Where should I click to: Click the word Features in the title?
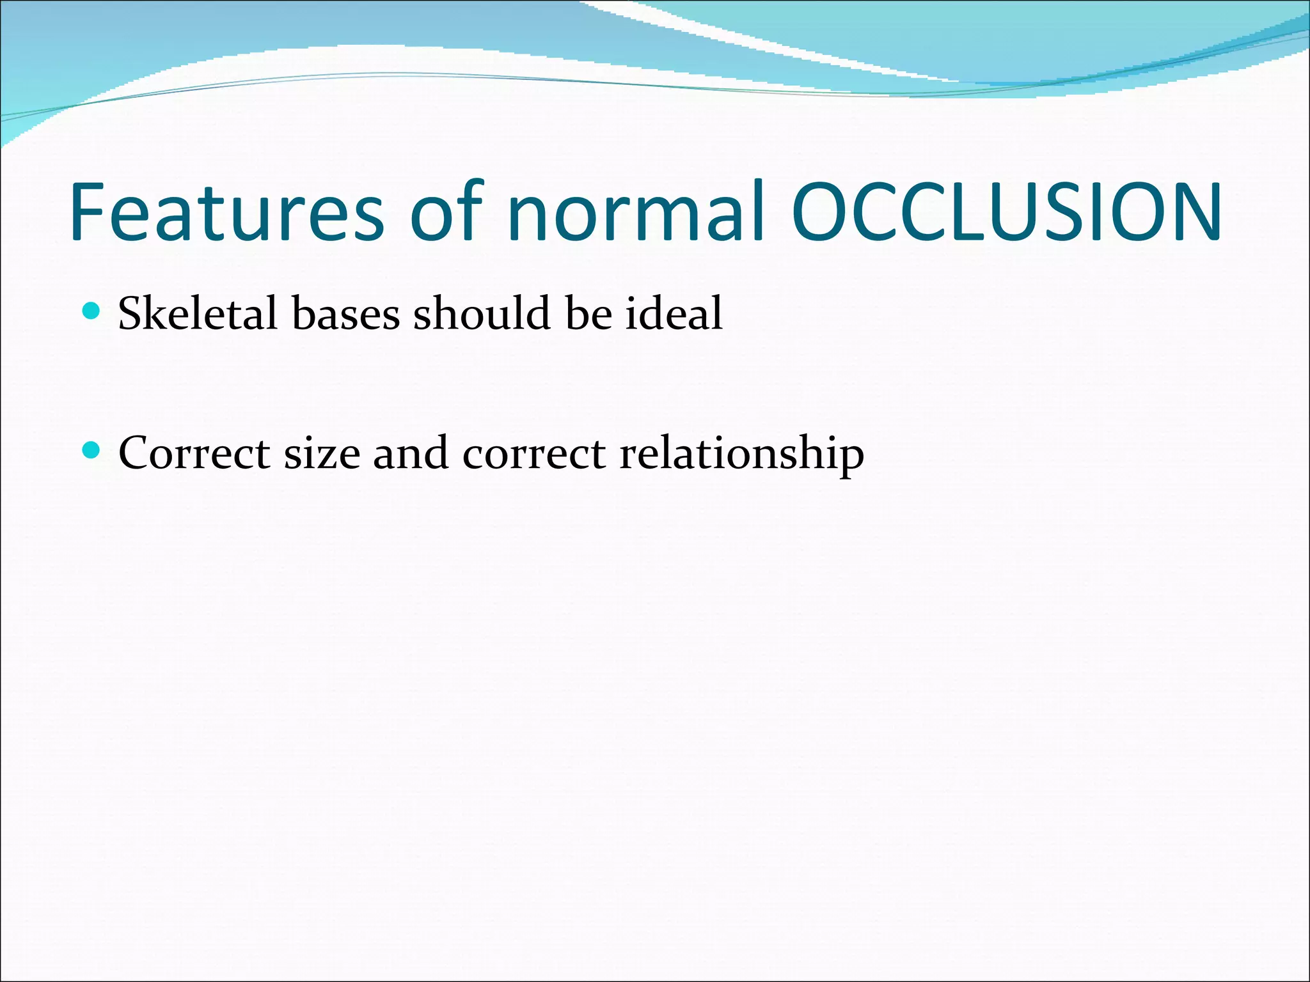tap(227, 212)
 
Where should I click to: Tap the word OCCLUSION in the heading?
tap(1007, 212)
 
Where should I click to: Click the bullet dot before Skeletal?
tap(92, 311)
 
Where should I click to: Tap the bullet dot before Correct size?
tap(92, 451)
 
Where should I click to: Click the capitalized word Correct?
tap(194, 453)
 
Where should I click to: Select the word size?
tap(322, 453)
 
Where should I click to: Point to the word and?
tap(410, 453)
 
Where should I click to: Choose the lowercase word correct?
tap(533, 453)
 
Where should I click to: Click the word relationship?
tap(741, 453)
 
